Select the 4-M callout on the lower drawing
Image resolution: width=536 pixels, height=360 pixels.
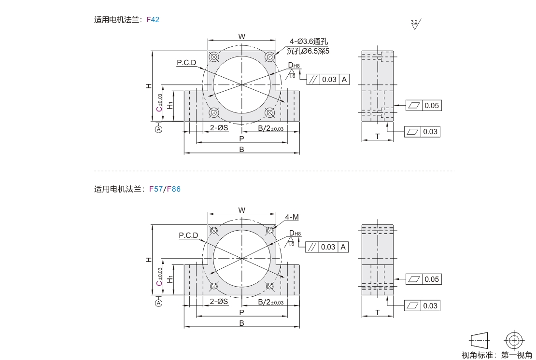[x=292, y=217]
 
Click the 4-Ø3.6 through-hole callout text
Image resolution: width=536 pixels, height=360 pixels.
[x=309, y=42]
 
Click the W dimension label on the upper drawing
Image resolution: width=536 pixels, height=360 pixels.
[x=242, y=36]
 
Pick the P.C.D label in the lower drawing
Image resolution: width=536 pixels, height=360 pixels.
[x=188, y=235]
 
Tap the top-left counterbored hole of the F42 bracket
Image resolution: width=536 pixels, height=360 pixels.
[x=214, y=57]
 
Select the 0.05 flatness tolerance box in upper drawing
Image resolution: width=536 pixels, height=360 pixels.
[x=423, y=105]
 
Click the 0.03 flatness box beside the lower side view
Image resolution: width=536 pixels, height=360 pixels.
[x=422, y=305]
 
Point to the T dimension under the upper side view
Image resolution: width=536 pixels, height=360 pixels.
[x=378, y=137]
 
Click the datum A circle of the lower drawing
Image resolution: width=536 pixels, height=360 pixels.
[x=158, y=303]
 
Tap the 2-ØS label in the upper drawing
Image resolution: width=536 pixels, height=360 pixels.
[x=219, y=128]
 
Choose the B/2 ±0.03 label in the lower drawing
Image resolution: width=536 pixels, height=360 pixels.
[x=270, y=302]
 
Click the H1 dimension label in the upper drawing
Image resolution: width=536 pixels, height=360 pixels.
[x=170, y=105]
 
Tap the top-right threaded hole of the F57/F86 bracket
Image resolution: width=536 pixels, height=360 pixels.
[x=269, y=231]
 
